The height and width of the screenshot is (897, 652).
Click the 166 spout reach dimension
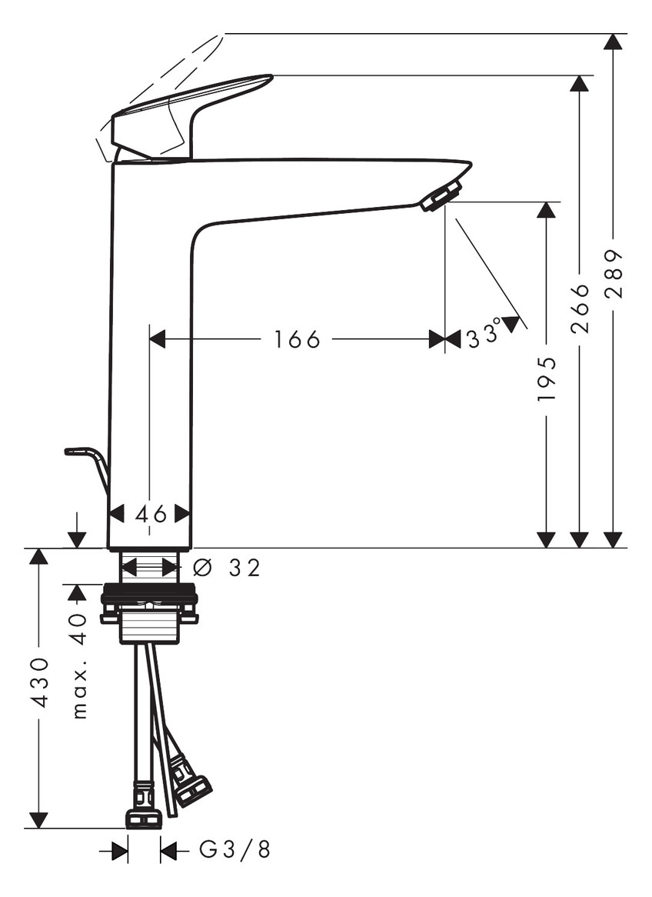tap(297, 339)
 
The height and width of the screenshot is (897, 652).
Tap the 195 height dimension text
tap(546, 378)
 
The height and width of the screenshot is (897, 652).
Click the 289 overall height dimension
tap(614, 274)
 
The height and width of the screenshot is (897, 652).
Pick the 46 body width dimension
tap(151, 514)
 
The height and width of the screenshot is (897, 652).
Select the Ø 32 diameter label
tap(227, 568)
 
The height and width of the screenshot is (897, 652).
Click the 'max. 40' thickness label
tap(78, 665)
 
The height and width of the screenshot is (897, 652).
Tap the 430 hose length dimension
tap(39, 682)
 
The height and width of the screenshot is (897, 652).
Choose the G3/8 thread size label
tap(235, 850)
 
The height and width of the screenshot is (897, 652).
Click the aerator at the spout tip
tap(441, 195)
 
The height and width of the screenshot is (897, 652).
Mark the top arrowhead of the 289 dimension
tap(613, 42)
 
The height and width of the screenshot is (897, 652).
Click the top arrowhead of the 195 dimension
tap(546, 210)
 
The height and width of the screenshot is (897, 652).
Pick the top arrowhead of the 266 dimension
tap(580, 83)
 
